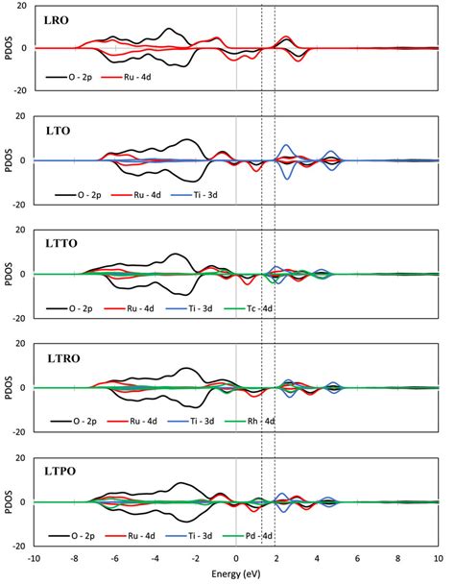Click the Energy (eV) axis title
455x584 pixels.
(235, 572)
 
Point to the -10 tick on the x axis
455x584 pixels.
(35, 558)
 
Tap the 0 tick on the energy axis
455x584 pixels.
(236, 558)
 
